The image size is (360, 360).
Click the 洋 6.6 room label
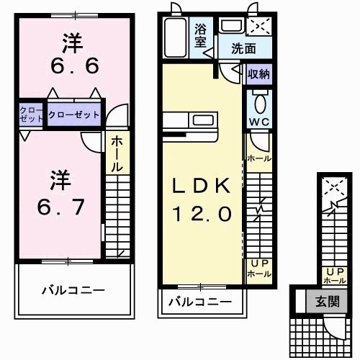[70, 55]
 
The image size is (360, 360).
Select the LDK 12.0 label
[201, 199]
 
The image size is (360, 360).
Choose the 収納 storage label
[258, 74]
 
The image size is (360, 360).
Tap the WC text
[258, 121]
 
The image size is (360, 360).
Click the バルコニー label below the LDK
[200, 302]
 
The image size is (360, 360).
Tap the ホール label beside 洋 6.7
[115, 154]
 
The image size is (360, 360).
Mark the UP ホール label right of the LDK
[258, 269]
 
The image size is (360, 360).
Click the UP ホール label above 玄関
[335, 275]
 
